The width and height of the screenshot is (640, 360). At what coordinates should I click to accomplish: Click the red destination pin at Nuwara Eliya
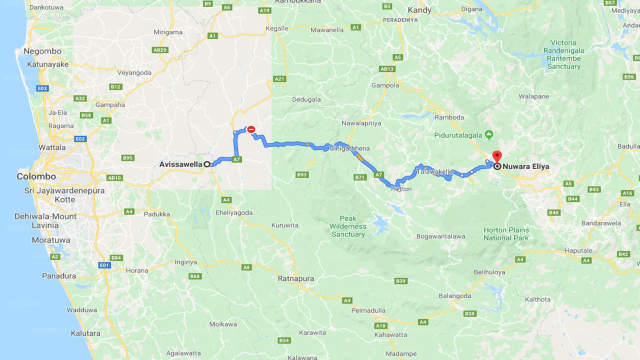tap(496, 156)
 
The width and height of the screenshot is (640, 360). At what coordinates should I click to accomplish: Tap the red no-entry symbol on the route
tap(251, 129)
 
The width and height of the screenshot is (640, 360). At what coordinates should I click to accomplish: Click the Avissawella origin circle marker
tap(206, 164)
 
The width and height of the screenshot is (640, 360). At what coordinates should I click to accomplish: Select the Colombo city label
tap(36, 176)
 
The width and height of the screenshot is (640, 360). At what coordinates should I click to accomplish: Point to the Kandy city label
tap(419, 10)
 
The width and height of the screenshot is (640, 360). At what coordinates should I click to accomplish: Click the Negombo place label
tap(42, 51)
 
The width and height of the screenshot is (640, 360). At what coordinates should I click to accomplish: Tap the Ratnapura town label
tap(296, 278)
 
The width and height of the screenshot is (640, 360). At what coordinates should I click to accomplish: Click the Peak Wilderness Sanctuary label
tap(348, 226)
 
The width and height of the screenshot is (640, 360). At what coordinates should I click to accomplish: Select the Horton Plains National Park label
tap(506, 234)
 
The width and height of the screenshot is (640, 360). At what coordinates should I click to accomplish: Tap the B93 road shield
tap(301, 174)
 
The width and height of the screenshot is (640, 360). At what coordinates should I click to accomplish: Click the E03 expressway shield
tap(42, 88)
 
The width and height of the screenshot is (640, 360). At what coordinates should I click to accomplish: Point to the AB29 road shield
tap(160, 50)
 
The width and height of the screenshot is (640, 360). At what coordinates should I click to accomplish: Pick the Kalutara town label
tap(85, 333)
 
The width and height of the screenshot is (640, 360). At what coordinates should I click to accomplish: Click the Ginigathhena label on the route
tap(349, 148)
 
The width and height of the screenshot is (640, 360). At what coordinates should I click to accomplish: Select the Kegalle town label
tap(276, 28)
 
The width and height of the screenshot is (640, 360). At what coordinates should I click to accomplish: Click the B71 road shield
tap(360, 177)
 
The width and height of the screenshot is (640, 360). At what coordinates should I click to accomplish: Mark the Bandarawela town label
tap(601, 223)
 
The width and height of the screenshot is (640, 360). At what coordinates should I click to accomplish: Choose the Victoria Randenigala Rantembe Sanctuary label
tap(563, 54)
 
